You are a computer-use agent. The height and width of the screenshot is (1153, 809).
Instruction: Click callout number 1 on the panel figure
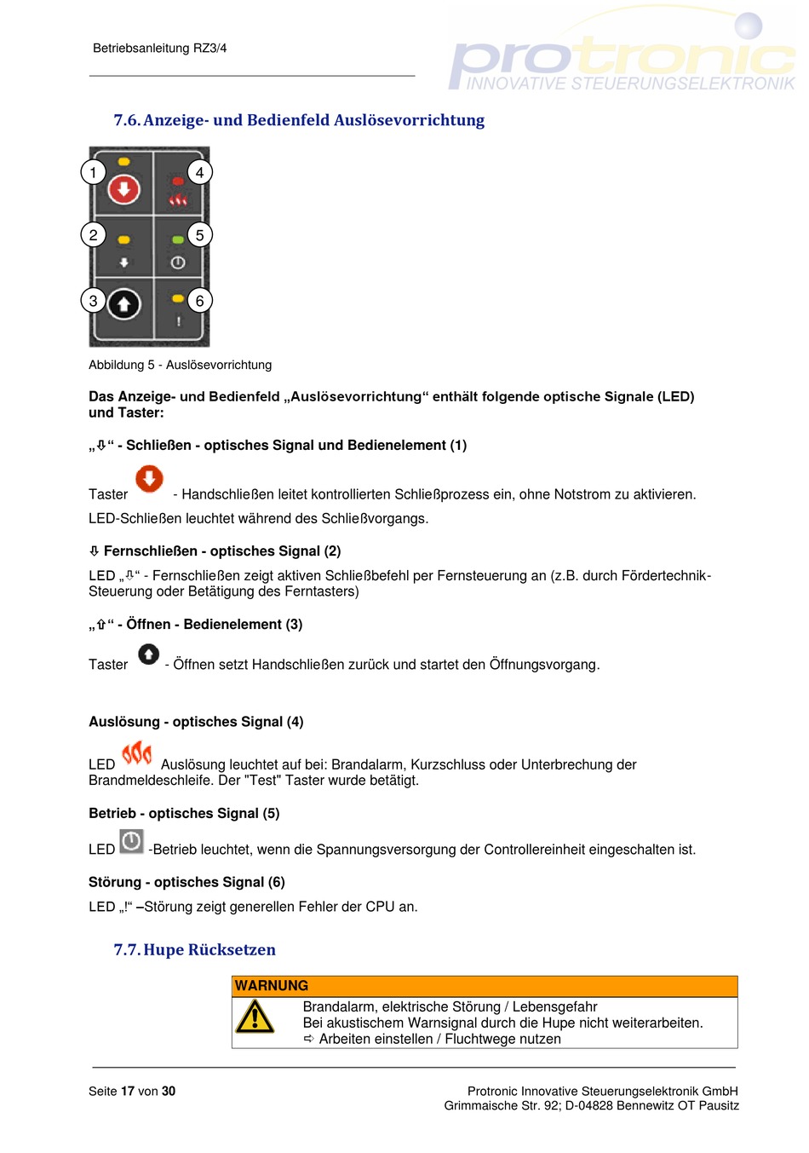(93, 172)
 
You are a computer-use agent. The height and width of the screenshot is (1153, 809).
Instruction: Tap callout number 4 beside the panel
(199, 172)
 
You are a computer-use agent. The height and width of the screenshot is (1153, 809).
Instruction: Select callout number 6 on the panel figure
(199, 301)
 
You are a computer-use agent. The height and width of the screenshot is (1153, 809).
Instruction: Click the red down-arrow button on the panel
(123, 189)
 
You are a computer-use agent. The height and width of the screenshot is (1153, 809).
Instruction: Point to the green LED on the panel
(178, 239)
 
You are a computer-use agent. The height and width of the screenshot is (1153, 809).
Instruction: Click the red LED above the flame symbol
(178, 182)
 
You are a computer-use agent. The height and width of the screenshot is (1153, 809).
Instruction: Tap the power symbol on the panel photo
(178, 263)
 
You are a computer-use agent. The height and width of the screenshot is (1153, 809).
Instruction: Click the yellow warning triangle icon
(255, 1018)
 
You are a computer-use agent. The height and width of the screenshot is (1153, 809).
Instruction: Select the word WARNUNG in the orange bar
(272, 986)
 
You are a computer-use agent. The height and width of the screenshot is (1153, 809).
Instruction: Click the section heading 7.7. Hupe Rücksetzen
(194, 949)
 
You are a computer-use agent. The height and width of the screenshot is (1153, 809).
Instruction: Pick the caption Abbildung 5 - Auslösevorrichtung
(180, 365)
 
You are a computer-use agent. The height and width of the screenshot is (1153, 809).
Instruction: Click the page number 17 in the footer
(128, 1092)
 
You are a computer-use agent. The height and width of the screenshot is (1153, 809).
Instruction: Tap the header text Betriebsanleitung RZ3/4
(159, 49)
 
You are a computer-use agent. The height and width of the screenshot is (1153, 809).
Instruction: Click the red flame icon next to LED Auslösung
(137, 754)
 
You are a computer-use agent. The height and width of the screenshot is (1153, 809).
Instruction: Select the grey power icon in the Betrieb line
(131, 842)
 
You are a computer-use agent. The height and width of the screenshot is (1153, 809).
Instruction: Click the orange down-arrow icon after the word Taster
(149, 479)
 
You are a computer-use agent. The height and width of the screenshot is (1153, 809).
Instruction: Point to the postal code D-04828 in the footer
(588, 1105)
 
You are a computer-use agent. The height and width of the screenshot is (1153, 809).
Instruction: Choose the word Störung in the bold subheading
(115, 882)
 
